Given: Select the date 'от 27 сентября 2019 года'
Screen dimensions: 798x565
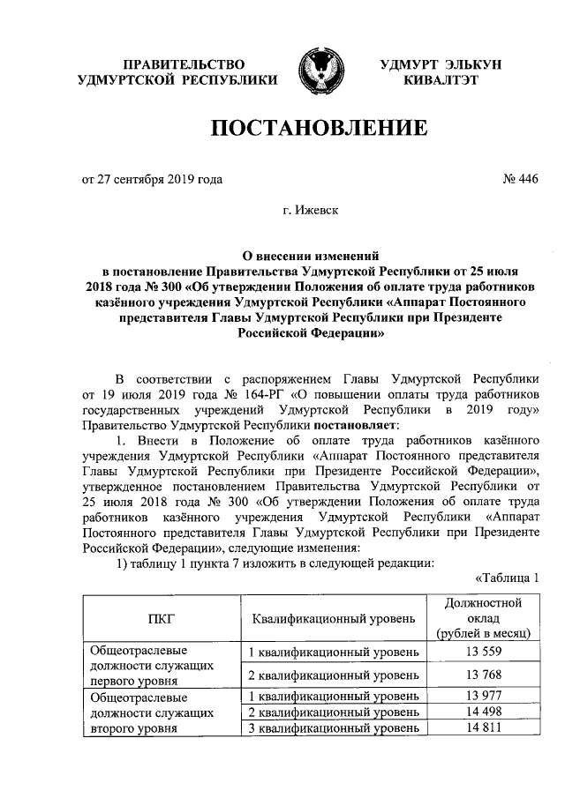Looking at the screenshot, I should coord(152,179).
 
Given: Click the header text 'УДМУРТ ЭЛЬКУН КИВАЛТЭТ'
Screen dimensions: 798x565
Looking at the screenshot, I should coord(441,72).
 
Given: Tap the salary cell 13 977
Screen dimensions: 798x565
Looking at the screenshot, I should coord(482,696).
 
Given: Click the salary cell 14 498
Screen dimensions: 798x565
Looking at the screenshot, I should coord(482,712).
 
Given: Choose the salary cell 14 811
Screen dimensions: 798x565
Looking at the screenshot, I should coord(482,727).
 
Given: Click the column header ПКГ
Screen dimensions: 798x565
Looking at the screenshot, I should coord(161,618).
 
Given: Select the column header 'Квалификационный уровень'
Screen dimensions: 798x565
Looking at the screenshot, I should coord(332,618).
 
